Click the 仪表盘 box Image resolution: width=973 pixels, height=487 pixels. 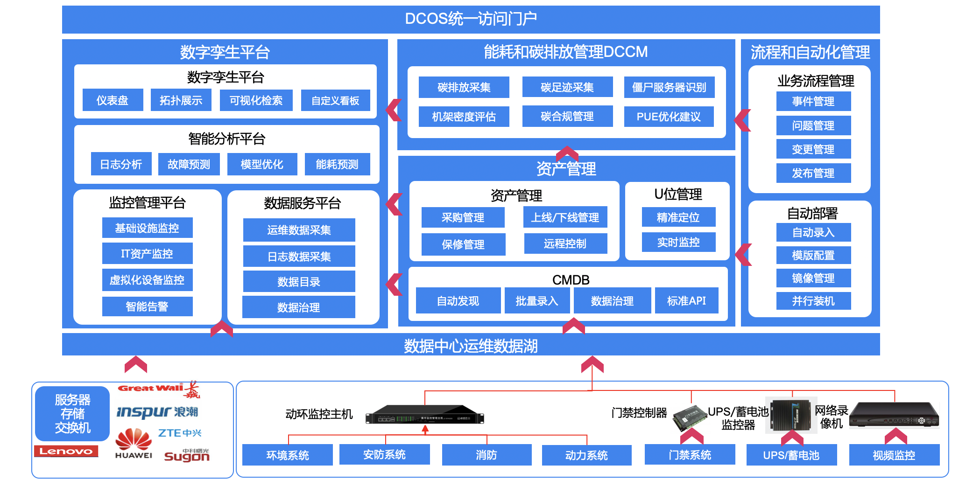(x=113, y=100)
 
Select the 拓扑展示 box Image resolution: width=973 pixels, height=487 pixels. (x=181, y=100)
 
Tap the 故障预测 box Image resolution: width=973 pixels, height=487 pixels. (x=189, y=164)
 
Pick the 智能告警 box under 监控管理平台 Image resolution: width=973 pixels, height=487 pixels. (x=147, y=306)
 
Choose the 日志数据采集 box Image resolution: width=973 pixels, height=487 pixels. (x=299, y=257)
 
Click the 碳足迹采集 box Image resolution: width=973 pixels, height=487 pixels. (x=567, y=87)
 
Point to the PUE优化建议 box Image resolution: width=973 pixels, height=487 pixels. (x=669, y=117)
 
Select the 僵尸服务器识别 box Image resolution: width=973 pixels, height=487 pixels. (x=669, y=87)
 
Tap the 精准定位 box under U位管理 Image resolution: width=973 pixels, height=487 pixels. (x=678, y=217)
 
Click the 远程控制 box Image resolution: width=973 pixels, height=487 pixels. (x=565, y=243)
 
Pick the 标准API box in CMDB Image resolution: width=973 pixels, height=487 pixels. (x=686, y=301)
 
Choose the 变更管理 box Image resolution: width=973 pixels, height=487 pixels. (x=813, y=149)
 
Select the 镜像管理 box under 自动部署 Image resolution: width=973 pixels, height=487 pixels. (x=813, y=278)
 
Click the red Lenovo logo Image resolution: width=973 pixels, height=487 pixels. (x=66, y=451)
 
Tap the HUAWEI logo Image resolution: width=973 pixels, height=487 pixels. (x=134, y=444)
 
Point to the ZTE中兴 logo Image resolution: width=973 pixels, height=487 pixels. (x=180, y=433)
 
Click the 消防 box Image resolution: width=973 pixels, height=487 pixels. (x=486, y=455)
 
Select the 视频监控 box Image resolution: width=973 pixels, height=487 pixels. (x=894, y=455)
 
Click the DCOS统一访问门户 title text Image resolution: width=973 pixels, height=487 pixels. (x=471, y=19)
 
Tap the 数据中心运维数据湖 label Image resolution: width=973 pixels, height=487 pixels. (x=471, y=346)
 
